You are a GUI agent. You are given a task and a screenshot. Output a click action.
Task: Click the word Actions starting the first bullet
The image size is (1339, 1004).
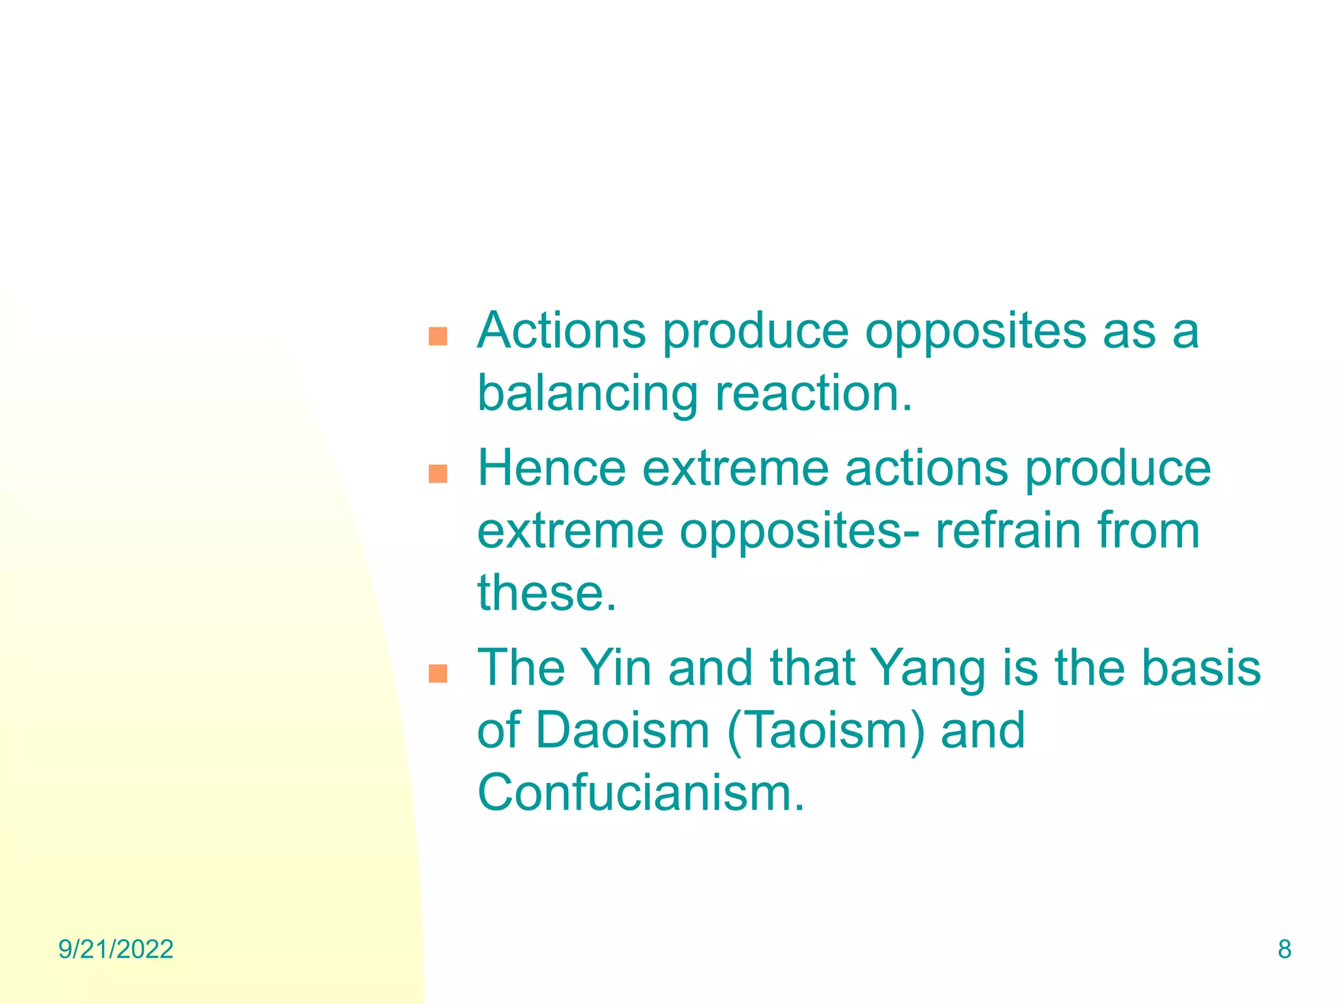click(561, 331)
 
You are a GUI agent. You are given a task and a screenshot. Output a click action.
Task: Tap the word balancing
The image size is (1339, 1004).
click(588, 394)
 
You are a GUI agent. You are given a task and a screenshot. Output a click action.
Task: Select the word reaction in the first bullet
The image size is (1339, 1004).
click(813, 394)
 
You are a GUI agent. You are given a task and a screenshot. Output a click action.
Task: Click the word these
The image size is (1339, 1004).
click(547, 593)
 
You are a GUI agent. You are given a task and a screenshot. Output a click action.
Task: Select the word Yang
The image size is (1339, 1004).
click(929, 669)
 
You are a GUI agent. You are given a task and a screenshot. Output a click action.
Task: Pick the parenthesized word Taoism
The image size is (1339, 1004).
click(826, 730)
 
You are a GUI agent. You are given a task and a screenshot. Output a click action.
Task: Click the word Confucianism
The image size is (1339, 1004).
click(641, 793)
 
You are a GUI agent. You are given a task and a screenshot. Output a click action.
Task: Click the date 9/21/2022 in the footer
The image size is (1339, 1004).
click(116, 949)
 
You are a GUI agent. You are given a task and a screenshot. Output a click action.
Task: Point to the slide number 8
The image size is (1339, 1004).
click(1284, 949)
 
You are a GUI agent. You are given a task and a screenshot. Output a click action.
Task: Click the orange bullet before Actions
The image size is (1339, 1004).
click(437, 337)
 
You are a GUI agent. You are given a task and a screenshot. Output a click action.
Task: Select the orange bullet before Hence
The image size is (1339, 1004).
click(437, 474)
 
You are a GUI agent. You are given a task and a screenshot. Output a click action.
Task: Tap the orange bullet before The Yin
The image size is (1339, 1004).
click(437, 673)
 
